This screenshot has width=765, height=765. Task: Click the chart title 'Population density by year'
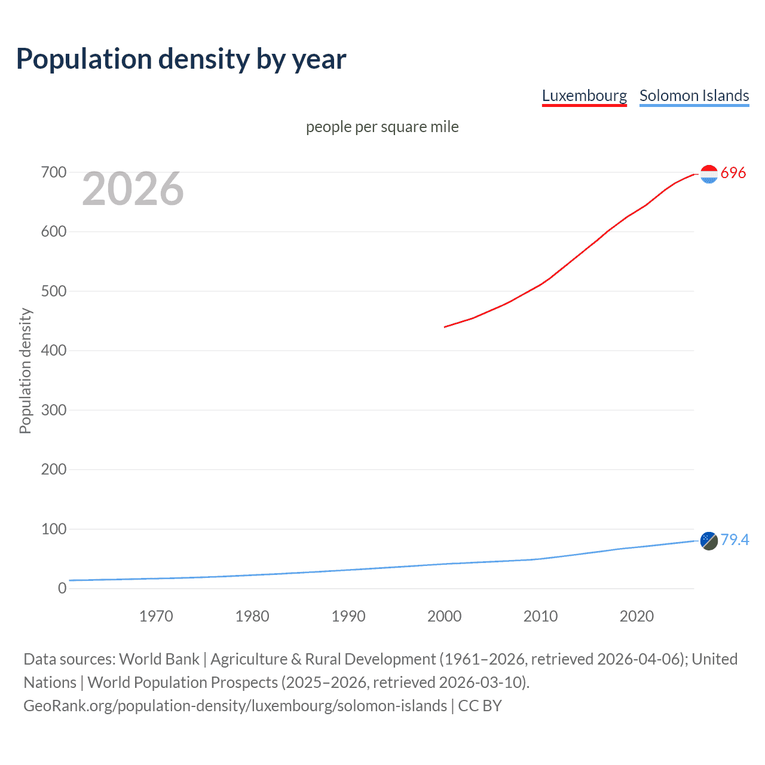(x=181, y=59)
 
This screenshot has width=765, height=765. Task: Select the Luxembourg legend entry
(x=584, y=96)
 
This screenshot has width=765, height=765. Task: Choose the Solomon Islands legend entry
(x=694, y=96)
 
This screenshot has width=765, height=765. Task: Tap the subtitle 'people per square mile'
(x=382, y=127)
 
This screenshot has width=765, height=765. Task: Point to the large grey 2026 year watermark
(x=133, y=189)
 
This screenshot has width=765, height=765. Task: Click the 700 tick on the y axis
(x=54, y=173)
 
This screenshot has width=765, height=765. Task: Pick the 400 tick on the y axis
(x=54, y=351)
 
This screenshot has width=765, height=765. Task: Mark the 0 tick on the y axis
(x=62, y=589)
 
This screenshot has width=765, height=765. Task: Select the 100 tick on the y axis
(x=54, y=530)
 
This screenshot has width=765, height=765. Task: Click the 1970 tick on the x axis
(x=156, y=616)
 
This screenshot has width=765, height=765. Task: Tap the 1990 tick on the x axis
(x=348, y=616)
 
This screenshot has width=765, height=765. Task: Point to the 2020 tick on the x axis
(x=637, y=616)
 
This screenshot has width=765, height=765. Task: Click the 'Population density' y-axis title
(x=25, y=371)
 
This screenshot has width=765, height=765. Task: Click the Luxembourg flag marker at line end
(x=709, y=174)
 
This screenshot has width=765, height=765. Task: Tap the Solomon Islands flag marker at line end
(x=709, y=541)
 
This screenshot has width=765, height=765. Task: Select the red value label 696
(x=733, y=173)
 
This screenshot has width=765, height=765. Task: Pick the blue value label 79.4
(x=735, y=540)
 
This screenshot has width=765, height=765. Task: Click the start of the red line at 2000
(x=445, y=327)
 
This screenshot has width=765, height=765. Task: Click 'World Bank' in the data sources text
(x=159, y=659)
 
